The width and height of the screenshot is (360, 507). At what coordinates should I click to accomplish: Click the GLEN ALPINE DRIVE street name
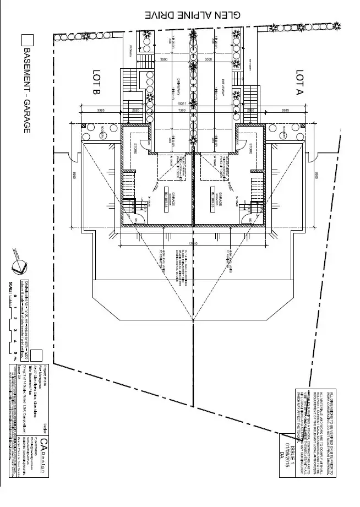(x=192, y=15)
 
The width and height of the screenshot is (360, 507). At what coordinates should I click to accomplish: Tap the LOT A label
(x=300, y=83)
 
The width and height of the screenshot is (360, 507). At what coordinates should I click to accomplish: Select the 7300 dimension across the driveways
(x=192, y=110)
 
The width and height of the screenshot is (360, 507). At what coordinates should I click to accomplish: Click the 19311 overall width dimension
(x=192, y=102)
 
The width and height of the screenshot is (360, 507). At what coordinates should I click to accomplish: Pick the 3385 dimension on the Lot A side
(x=285, y=110)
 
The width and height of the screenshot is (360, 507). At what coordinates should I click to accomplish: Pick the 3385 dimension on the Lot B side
(x=101, y=110)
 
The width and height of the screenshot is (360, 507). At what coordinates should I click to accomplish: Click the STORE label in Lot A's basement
(x=251, y=149)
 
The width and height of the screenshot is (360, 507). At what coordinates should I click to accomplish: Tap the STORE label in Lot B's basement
(x=135, y=149)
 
